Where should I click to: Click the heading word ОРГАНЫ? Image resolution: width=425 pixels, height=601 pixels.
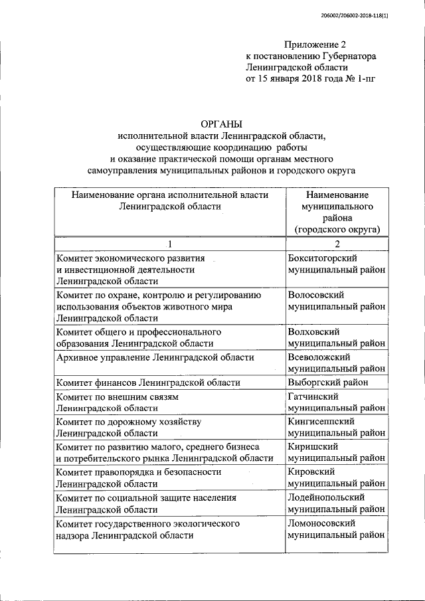[x=222, y=124]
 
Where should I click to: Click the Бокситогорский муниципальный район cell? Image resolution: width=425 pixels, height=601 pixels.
[x=337, y=264]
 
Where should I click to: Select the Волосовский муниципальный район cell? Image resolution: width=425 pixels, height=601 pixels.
[x=337, y=300]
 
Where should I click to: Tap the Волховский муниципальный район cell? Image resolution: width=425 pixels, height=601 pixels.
[x=337, y=337]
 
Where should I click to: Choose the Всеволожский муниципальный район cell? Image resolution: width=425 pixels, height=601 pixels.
[x=337, y=363]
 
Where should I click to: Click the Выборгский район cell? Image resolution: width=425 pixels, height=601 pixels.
[x=337, y=383]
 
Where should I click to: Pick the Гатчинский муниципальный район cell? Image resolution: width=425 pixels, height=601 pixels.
[x=337, y=402]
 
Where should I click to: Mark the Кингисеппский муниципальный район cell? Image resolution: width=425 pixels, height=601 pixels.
[x=337, y=427]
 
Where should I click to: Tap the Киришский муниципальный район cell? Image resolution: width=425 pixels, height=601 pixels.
[x=337, y=452]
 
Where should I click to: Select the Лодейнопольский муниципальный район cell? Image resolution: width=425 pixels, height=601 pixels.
[x=337, y=503]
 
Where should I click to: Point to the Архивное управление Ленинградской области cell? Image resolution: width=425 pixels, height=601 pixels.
[x=155, y=358]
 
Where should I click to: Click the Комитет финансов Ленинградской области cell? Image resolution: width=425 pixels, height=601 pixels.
[x=149, y=383]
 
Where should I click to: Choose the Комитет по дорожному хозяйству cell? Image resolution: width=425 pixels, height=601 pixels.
[x=129, y=427]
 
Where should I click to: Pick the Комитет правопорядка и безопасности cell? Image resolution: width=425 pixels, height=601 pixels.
[x=139, y=477]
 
